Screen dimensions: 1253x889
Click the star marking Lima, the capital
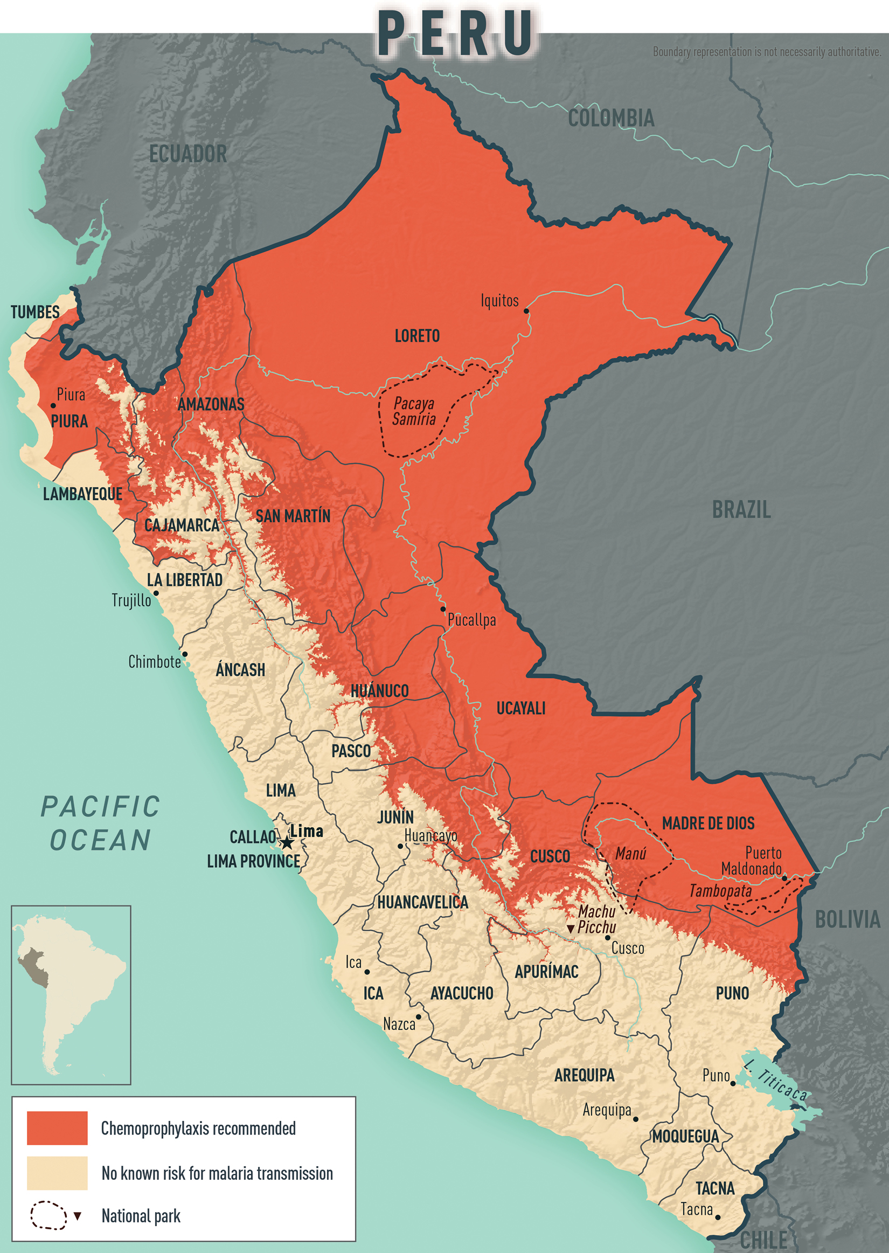click(287, 843)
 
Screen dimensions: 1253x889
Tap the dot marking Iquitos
click(526, 311)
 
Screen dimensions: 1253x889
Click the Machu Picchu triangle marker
click(571, 929)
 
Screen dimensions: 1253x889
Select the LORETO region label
click(417, 336)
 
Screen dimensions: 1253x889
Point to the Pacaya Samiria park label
click(414, 411)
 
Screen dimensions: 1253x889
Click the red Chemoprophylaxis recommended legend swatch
click(57, 1127)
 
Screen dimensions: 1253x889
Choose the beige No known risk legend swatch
click(57, 1173)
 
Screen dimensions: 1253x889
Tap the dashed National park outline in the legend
click(48, 1215)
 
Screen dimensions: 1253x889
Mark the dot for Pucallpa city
click(443, 608)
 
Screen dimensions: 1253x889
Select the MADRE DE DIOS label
click(708, 823)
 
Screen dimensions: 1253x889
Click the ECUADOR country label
click(187, 154)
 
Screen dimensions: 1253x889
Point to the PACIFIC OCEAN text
click(101, 823)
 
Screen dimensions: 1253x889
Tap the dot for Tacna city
click(718, 1217)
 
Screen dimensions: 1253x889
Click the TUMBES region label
click(35, 312)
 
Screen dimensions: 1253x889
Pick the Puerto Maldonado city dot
click(784, 878)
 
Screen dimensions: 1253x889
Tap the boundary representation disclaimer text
click(766, 52)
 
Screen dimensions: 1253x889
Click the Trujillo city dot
click(156, 593)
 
